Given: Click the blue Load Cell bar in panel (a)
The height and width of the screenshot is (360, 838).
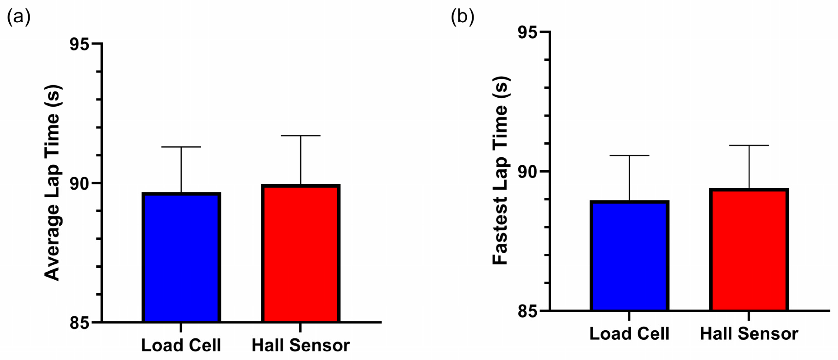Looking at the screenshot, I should tap(181, 257).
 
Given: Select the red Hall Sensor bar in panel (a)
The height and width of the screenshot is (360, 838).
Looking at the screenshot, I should tap(300, 253).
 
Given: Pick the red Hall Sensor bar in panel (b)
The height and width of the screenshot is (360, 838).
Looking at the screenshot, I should tap(749, 250).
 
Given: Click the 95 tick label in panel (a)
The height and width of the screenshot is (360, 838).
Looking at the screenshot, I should tap(79, 44).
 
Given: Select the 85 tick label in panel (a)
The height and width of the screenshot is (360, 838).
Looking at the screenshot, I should tap(79, 323).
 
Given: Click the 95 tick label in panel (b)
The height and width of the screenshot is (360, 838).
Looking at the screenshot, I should tap(527, 33).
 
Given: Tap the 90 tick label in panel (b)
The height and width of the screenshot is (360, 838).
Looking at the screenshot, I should tap(527, 172).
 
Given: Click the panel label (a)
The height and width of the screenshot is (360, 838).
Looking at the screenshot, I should tap(19, 16).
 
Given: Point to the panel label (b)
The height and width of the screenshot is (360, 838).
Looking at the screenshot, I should tap(462, 16).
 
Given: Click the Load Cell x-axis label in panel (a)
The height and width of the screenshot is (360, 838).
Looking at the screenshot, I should tap(181, 345).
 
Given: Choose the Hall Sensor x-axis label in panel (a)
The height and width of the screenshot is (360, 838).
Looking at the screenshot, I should tap(300, 345).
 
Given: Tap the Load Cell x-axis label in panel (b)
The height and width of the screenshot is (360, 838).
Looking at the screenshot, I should tap(629, 334).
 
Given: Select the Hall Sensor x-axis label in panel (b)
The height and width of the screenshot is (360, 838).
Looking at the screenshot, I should tap(749, 334).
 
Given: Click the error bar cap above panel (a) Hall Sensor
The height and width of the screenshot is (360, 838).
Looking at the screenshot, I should tap(300, 136).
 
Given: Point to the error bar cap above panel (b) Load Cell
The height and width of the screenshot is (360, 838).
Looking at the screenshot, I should tap(629, 156).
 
